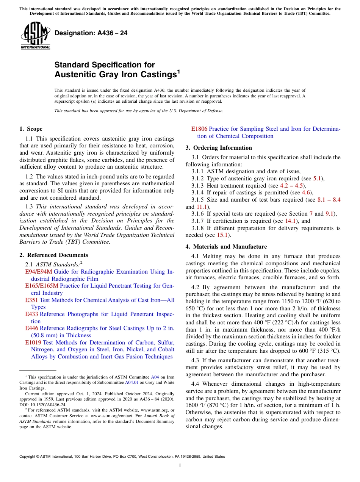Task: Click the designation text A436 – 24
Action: (x=91, y=33)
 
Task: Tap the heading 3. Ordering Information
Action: (x=219, y=148)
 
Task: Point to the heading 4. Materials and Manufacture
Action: (x=226, y=247)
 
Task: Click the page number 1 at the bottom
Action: (x=180, y=466)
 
